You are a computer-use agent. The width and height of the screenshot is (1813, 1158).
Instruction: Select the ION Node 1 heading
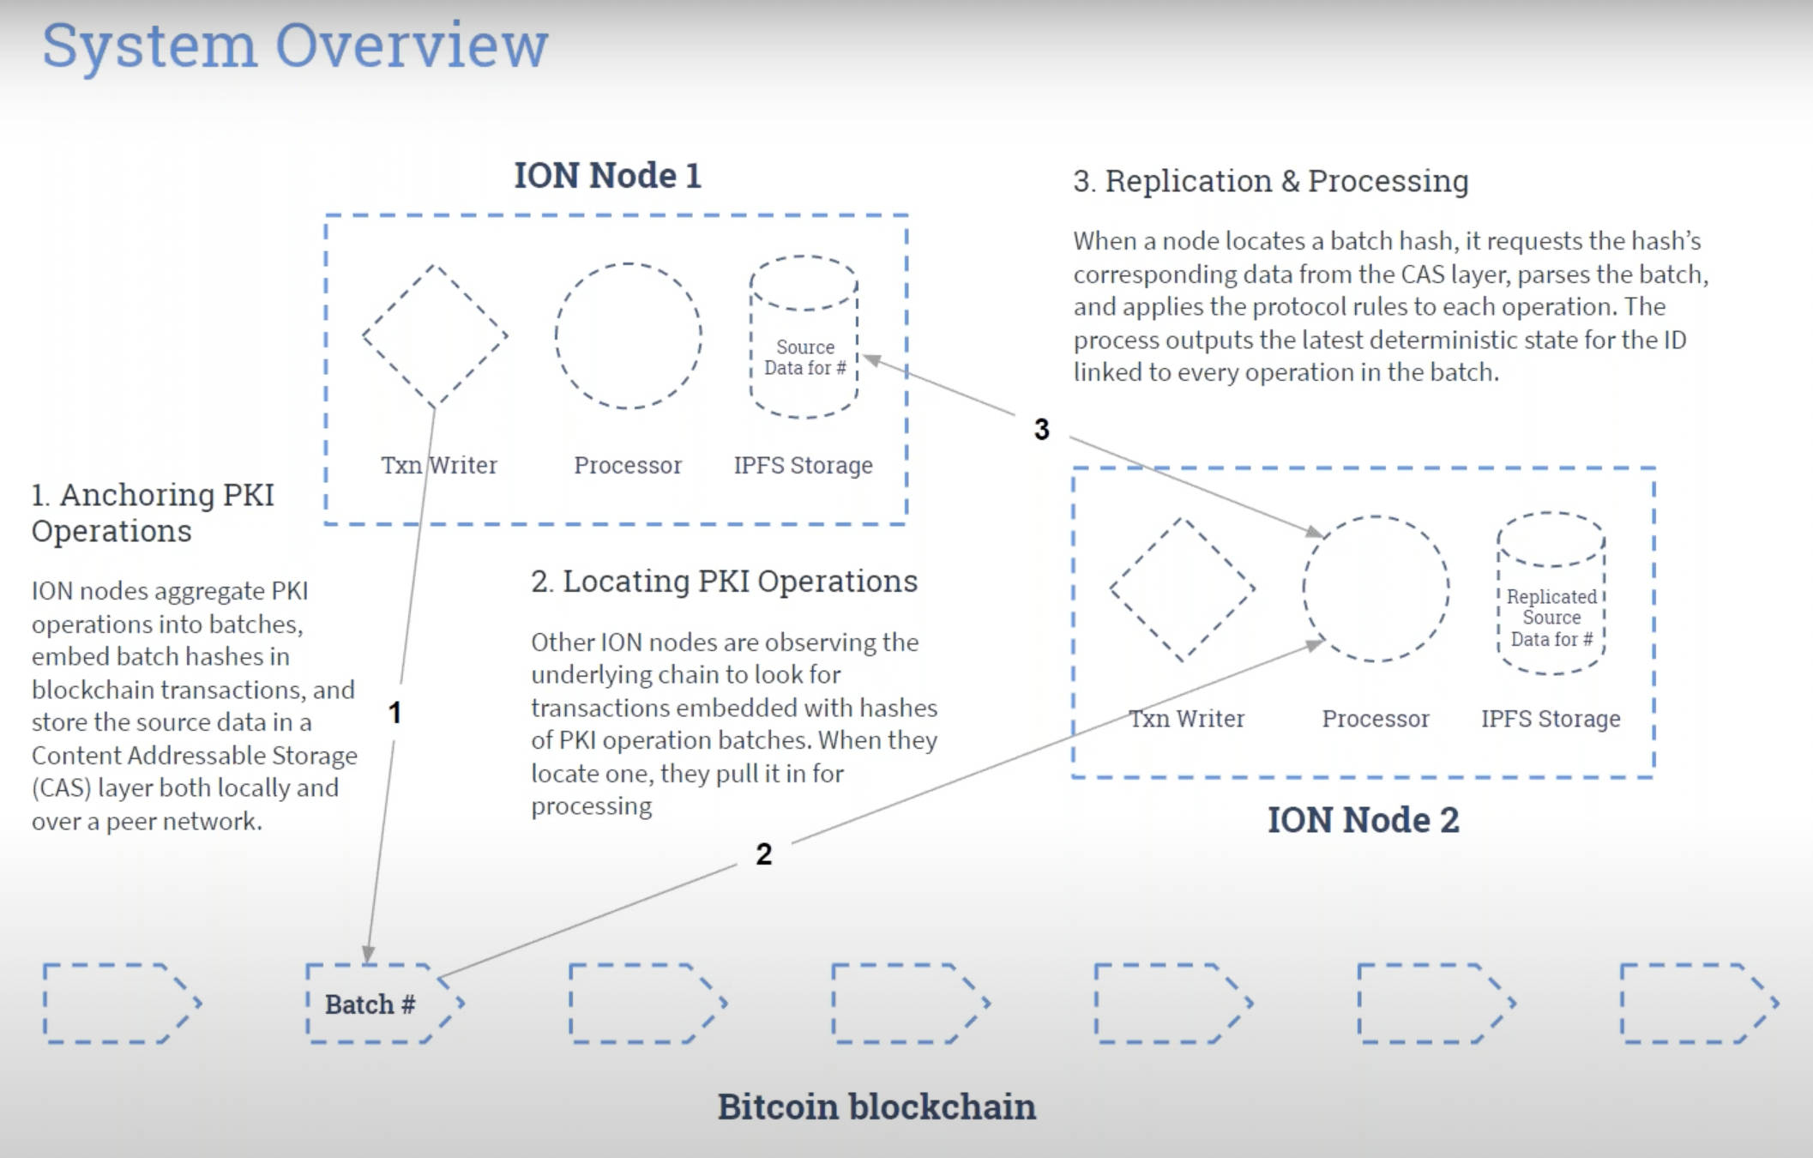pyautogui.click(x=607, y=176)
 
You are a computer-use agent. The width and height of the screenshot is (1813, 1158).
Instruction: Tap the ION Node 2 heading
pyautogui.click(x=1363, y=820)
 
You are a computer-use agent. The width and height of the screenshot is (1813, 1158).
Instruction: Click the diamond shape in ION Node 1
pyautogui.click(x=435, y=335)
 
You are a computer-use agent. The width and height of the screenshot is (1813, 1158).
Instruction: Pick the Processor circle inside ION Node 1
pyautogui.click(x=628, y=335)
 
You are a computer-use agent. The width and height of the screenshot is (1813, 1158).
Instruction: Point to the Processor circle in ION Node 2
pyautogui.click(x=1376, y=588)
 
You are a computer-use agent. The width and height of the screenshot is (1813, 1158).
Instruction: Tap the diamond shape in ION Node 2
pyautogui.click(x=1182, y=589)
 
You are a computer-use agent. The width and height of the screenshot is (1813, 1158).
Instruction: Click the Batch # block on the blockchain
pyautogui.click(x=370, y=1004)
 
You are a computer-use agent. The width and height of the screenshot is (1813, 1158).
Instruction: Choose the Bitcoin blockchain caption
pyautogui.click(x=876, y=1107)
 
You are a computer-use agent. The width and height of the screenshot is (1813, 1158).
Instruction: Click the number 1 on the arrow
pyautogui.click(x=395, y=712)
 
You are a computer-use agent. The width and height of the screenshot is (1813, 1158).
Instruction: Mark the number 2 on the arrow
pyautogui.click(x=763, y=853)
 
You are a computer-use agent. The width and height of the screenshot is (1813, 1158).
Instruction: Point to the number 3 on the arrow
pyautogui.click(x=1041, y=429)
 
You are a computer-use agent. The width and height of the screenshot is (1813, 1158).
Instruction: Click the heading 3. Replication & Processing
pyautogui.click(x=1270, y=181)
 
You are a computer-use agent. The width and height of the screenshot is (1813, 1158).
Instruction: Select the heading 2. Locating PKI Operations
pyautogui.click(x=724, y=582)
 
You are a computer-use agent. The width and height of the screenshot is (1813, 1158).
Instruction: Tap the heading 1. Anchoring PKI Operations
pyautogui.click(x=153, y=512)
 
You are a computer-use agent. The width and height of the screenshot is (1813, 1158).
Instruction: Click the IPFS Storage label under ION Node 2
pyautogui.click(x=1551, y=719)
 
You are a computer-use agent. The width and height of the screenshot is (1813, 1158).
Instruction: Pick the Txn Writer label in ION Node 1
pyautogui.click(x=439, y=465)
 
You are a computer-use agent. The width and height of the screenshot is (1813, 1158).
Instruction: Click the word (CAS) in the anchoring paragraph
pyautogui.click(x=61, y=788)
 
